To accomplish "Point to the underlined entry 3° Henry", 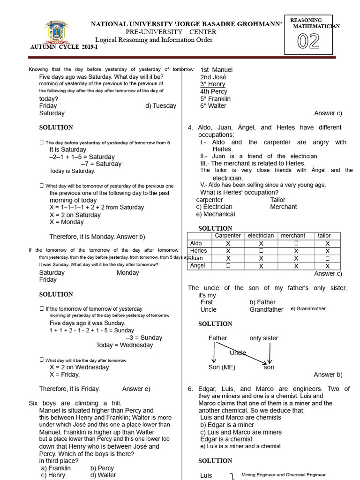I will point(213,84).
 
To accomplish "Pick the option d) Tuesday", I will point(161,106).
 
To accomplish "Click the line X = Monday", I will point(67,222).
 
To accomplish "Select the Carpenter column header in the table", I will point(228,236).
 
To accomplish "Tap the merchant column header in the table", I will point(293,236).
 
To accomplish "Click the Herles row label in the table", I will point(199,251).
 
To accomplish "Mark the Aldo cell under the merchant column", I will point(296,243).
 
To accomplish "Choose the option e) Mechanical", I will point(216,214).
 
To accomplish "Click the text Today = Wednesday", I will point(125,345).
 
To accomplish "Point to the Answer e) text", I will point(136,389).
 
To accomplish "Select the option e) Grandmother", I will point(308,309).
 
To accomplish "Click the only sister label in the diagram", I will point(264,338).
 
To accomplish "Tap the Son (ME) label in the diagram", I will point(222,367).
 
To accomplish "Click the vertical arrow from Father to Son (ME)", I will point(214,352).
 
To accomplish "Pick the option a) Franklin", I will point(56,468).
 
